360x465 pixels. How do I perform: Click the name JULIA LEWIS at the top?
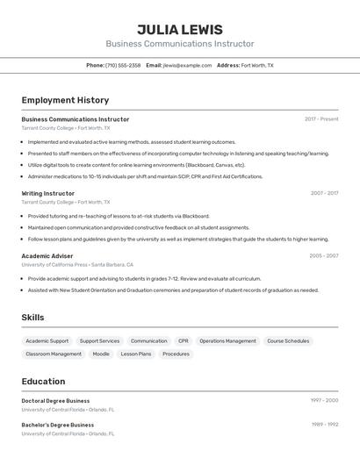tap(180, 30)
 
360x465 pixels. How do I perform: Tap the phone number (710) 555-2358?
tap(122, 66)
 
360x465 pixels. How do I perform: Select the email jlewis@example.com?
tap(187, 66)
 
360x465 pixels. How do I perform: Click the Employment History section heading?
tap(65, 100)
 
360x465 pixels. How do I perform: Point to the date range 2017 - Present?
tap(321, 119)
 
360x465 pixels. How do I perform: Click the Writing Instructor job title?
tap(47, 193)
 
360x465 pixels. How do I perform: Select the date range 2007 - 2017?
tap(324, 193)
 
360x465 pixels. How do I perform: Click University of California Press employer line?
tap(77, 264)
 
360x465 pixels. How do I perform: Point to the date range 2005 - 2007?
tap(323, 256)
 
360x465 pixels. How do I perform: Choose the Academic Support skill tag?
tap(47, 340)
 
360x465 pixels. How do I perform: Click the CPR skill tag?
tap(184, 340)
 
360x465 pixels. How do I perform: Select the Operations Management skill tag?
tap(227, 340)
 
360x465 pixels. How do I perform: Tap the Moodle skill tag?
tap(101, 354)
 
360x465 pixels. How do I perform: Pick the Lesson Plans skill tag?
tap(136, 354)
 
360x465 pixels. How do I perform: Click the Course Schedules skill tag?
tap(288, 340)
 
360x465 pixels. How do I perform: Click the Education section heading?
tap(43, 382)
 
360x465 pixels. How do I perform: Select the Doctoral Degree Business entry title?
tap(55, 401)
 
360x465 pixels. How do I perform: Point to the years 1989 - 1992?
tap(324, 425)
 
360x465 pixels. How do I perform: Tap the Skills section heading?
tap(32, 318)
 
